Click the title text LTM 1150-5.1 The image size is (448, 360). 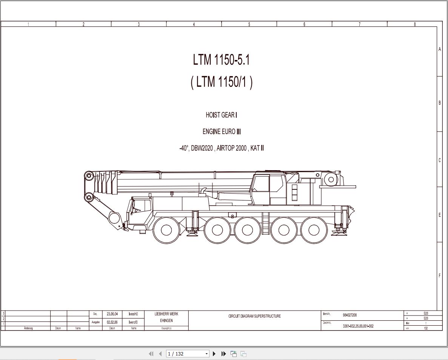[x=221, y=60]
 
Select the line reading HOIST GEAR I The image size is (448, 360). [x=221, y=115]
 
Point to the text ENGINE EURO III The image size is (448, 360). [x=222, y=132]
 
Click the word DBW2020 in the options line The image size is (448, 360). [x=202, y=148]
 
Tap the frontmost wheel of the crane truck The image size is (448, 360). [x=166, y=230]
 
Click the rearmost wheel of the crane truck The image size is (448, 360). [x=314, y=230]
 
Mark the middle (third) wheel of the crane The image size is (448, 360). [x=247, y=230]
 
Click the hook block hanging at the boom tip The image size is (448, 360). [x=114, y=218]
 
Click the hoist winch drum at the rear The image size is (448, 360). [x=331, y=180]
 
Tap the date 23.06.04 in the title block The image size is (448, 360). [x=112, y=314]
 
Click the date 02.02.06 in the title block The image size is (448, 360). [x=112, y=322]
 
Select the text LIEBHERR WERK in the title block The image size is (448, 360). [x=166, y=314]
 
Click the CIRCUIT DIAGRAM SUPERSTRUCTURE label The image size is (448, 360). [x=254, y=316]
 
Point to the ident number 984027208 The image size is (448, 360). [x=349, y=315]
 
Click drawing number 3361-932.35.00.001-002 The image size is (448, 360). [x=358, y=326]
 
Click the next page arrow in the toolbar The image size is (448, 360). [x=214, y=354]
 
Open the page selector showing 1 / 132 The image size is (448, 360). [x=188, y=354]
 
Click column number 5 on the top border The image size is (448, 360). [x=249, y=24]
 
